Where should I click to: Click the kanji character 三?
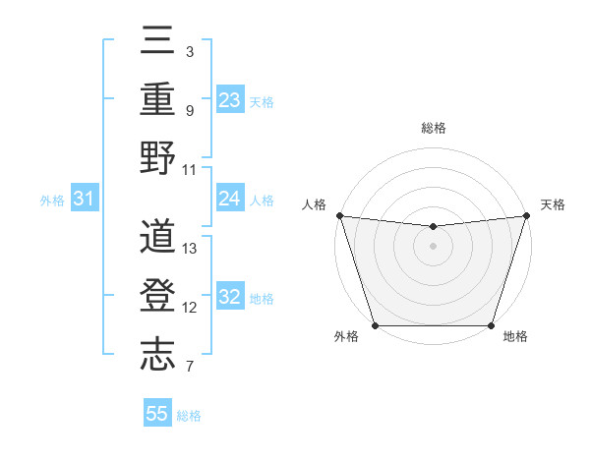click(x=157, y=42)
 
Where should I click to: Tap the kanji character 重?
click(x=157, y=99)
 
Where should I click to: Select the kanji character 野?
click(x=157, y=157)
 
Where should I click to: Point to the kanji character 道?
click(x=157, y=238)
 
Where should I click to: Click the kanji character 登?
click(x=157, y=297)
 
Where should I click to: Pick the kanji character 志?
click(x=157, y=355)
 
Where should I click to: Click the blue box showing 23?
click(x=230, y=99)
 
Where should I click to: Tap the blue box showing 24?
click(x=230, y=199)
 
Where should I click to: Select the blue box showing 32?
click(x=230, y=298)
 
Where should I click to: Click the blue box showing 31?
click(x=85, y=200)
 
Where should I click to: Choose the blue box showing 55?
click(x=157, y=414)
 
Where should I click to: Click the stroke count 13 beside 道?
click(x=190, y=249)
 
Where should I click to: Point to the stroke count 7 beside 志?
click(x=190, y=368)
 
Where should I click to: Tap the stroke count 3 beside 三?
click(x=189, y=51)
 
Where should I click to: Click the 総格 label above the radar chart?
click(x=434, y=128)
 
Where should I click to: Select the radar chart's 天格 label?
click(x=553, y=204)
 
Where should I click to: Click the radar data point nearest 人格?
click(x=339, y=215)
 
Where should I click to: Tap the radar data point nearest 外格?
click(x=375, y=325)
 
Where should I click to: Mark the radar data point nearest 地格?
click(x=492, y=325)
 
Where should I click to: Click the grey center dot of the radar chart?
click(x=433, y=246)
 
